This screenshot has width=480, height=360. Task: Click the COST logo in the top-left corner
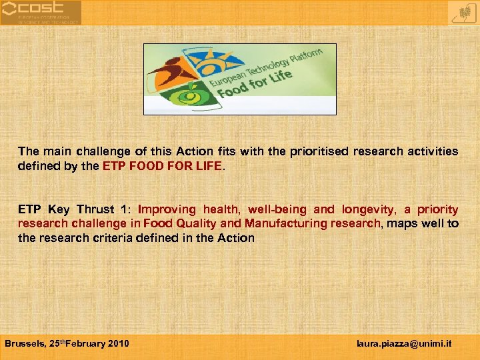pyautogui.click(x=41, y=13)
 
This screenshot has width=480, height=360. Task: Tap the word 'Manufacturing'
pyautogui.click(x=283, y=223)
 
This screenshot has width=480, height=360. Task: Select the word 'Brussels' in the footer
pyautogui.click(x=25, y=344)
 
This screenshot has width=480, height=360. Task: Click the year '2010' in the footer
pyautogui.click(x=118, y=344)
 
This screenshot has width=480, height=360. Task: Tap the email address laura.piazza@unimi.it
pyautogui.click(x=405, y=344)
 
